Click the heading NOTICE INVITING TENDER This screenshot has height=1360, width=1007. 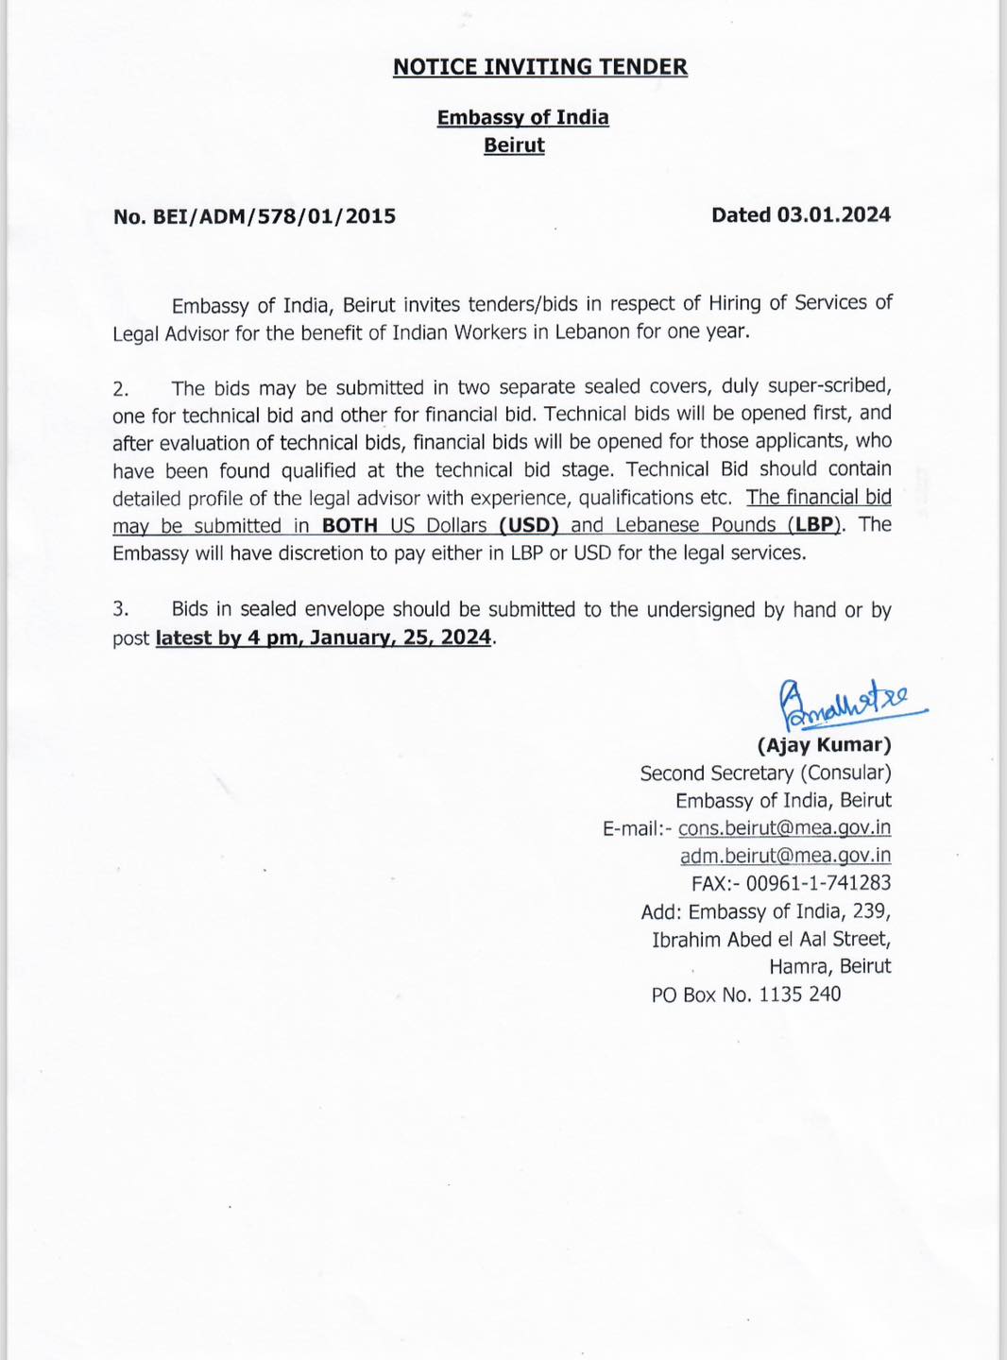click(x=539, y=67)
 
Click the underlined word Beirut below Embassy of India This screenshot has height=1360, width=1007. click(x=514, y=145)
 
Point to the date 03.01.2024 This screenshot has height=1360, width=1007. click(x=833, y=215)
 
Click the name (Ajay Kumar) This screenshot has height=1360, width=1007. click(x=824, y=745)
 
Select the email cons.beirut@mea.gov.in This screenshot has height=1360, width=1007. click(x=784, y=828)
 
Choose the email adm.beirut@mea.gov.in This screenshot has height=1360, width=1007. click(x=785, y=856)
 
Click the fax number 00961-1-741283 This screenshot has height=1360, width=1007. click(x=818, y=884)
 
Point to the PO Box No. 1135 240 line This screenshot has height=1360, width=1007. click(x=745, y=994)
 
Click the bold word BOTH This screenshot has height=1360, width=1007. click(x=350, y=525)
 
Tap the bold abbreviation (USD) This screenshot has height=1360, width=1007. click(x=529, y=525)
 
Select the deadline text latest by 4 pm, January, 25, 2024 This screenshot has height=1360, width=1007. click(x=323, y=637)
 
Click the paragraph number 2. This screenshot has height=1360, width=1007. click(x=120, y=388)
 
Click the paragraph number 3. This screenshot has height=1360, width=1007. click(x=120, y=610)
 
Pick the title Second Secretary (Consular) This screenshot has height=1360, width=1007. click(x=765, y=773)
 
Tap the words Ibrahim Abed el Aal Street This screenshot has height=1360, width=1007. click(x=771, y=940)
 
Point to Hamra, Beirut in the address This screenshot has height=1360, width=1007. click(x=829, y=966)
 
